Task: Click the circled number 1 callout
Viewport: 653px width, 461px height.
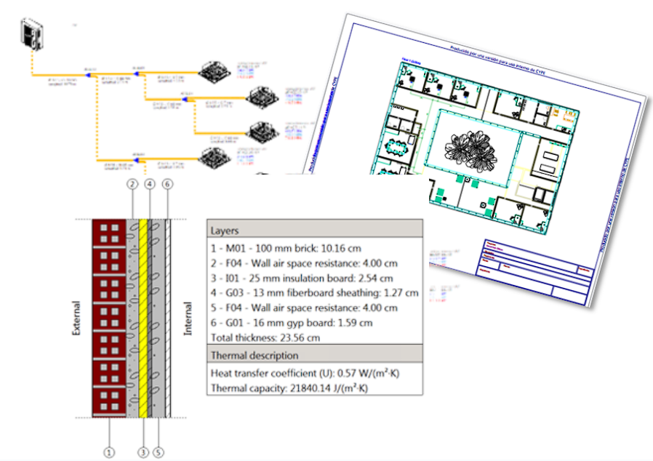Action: click(109, 452)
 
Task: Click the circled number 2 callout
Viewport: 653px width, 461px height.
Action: click(132, 185)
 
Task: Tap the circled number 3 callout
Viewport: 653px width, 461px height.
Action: click(143, 452)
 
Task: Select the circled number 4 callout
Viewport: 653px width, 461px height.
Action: click(150, 185)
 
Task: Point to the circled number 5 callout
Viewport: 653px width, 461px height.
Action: click(159, 452)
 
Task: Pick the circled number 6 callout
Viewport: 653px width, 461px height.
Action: click(167, 185)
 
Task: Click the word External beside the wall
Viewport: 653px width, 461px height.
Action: click(76, 318)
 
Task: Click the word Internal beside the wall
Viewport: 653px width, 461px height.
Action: click(188, 318)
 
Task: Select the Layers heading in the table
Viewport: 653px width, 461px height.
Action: click(225, 230)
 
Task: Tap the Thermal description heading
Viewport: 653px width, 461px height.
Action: click(255, 356)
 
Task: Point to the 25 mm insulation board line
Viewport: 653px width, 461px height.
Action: click(302, 278)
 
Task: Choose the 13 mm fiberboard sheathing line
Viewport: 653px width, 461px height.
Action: click(314, 293)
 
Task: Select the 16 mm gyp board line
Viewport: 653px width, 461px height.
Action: click(292, 323)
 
